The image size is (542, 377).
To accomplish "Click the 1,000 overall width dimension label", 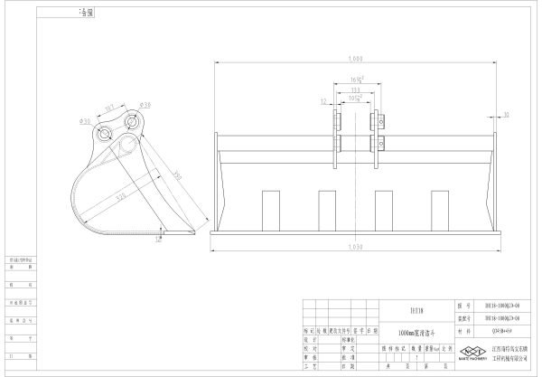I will tap(355, 59).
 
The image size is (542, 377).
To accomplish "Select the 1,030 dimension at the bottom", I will tap(355, 245).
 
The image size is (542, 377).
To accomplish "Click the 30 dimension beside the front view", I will tap(506, 115).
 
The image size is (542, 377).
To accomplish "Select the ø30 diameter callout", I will tap(85, 120).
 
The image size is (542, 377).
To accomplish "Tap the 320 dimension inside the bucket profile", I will tap(120, 195).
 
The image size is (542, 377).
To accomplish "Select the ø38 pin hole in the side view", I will tap(135, 121).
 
